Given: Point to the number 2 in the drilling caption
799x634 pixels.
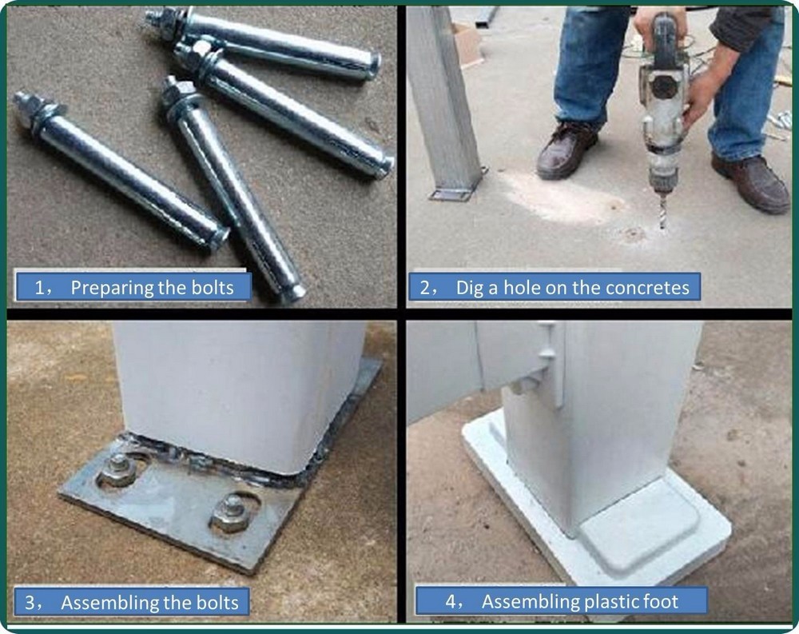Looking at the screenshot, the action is tap(425, 288).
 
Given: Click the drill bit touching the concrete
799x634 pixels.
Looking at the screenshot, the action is tap(662, 210).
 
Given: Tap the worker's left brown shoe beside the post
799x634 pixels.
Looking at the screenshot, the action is tap(566, 150).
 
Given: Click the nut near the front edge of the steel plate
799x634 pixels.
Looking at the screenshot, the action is tap(232, 512).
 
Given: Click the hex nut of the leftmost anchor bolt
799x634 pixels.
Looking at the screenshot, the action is tap(26, 108).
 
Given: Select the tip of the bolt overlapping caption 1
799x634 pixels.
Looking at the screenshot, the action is tap(292, 293).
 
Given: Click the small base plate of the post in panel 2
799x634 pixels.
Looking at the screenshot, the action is tap(456, 191).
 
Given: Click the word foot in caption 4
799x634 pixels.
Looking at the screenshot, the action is tap(662, 602).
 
